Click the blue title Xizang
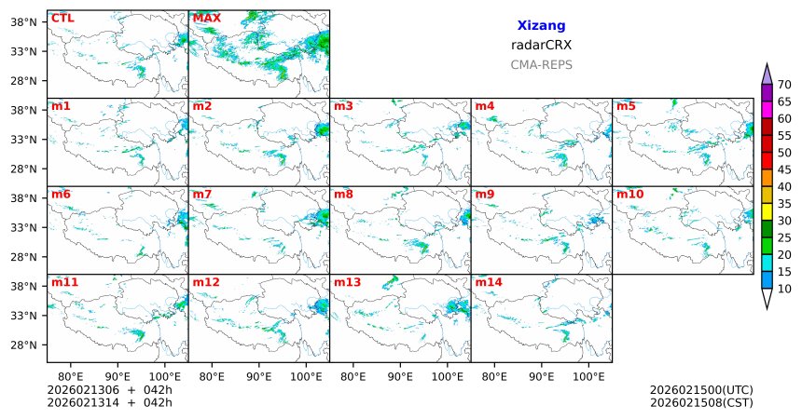click(541, 25)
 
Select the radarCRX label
click(541, 45)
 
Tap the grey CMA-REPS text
click(541, 65)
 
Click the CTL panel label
click(62, 18)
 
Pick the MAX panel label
click(206, 18)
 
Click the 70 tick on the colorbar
click(784, 85)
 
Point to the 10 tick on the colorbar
click(784, 289)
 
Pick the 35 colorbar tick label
click(784, 204)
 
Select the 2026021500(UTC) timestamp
click(701, 389)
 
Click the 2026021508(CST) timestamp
click(701, 402)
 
